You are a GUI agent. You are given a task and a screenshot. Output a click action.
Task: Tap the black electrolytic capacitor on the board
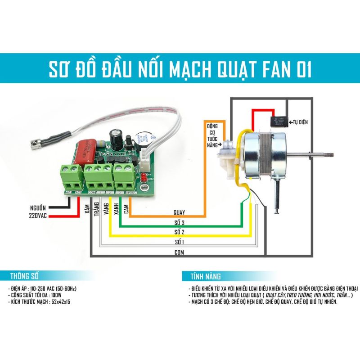117,138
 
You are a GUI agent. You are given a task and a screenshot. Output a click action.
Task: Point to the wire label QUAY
179,211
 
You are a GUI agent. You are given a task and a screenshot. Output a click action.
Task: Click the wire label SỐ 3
179,223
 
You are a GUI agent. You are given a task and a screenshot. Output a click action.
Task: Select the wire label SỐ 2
179,232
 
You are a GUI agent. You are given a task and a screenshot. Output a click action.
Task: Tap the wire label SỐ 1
179,243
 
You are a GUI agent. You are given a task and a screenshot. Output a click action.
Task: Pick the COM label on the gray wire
179,252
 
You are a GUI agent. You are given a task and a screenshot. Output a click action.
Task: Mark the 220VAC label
36,217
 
